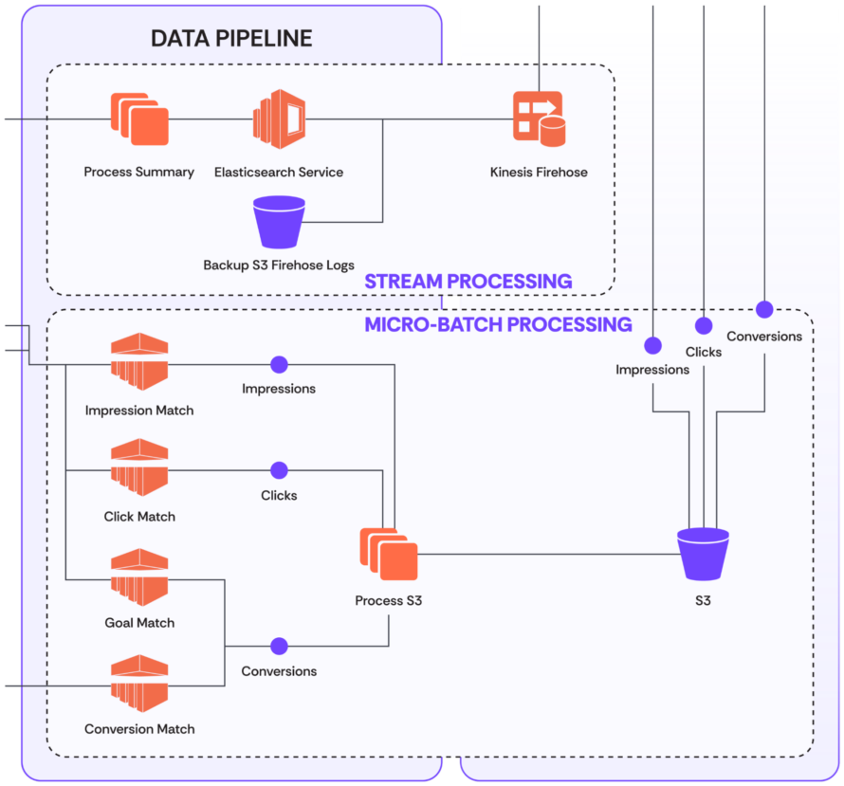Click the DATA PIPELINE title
(x=231, y=39)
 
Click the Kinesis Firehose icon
(x=538, y=119)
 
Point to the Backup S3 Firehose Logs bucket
(x=280, y=222)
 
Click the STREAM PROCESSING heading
(x=468, y=282)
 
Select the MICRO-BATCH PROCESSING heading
(x=498, y=325)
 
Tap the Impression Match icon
(x=139, y=361)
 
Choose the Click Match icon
(x=139, y=467)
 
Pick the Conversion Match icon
(x=139, y=682)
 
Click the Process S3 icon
(x=389, y=554)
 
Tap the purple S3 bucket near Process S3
(x=703, y=554)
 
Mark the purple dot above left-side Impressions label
(x=279, y=364)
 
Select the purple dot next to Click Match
(x=279, y=470)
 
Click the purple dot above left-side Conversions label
(x=279, y=647)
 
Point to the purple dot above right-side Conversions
(x=764, y=309)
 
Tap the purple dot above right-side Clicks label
(x=704, y=326)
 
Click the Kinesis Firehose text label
(x=539, y=173)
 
